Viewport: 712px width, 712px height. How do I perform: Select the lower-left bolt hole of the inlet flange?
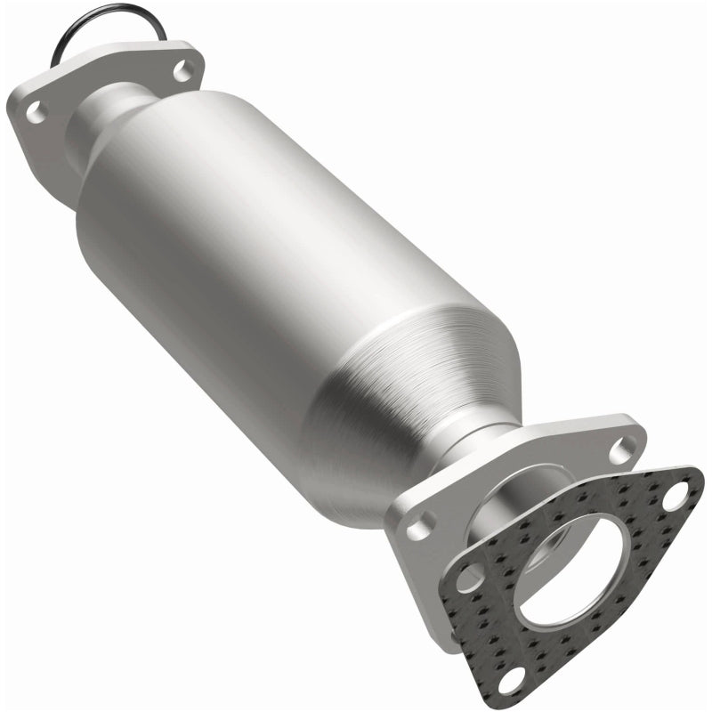pos(34,111)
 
